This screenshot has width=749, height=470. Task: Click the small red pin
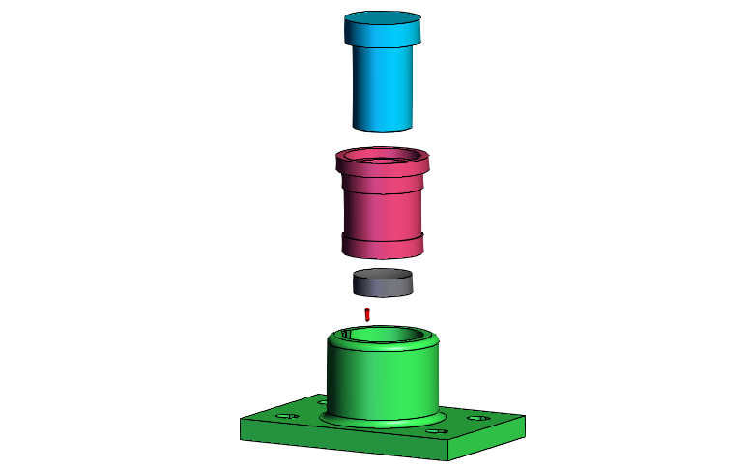click(367, 313)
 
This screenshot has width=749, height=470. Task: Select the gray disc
click(382, 286)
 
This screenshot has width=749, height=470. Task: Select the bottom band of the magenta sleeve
click(384, 248)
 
